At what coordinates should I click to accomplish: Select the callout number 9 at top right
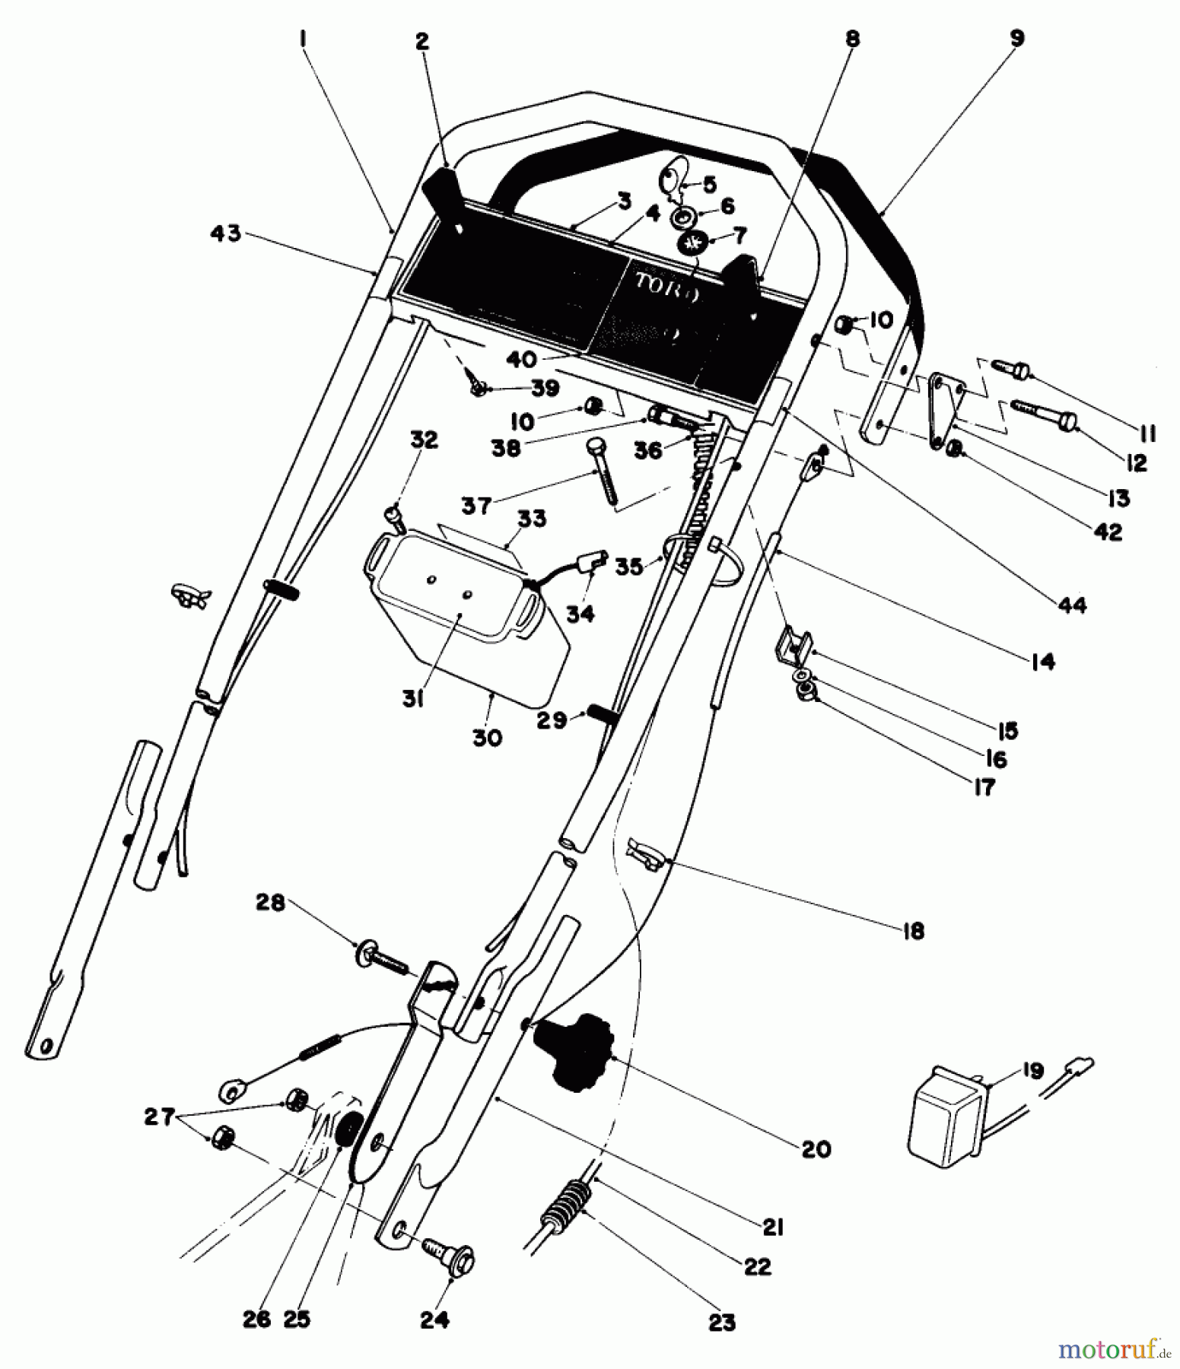1017,39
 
